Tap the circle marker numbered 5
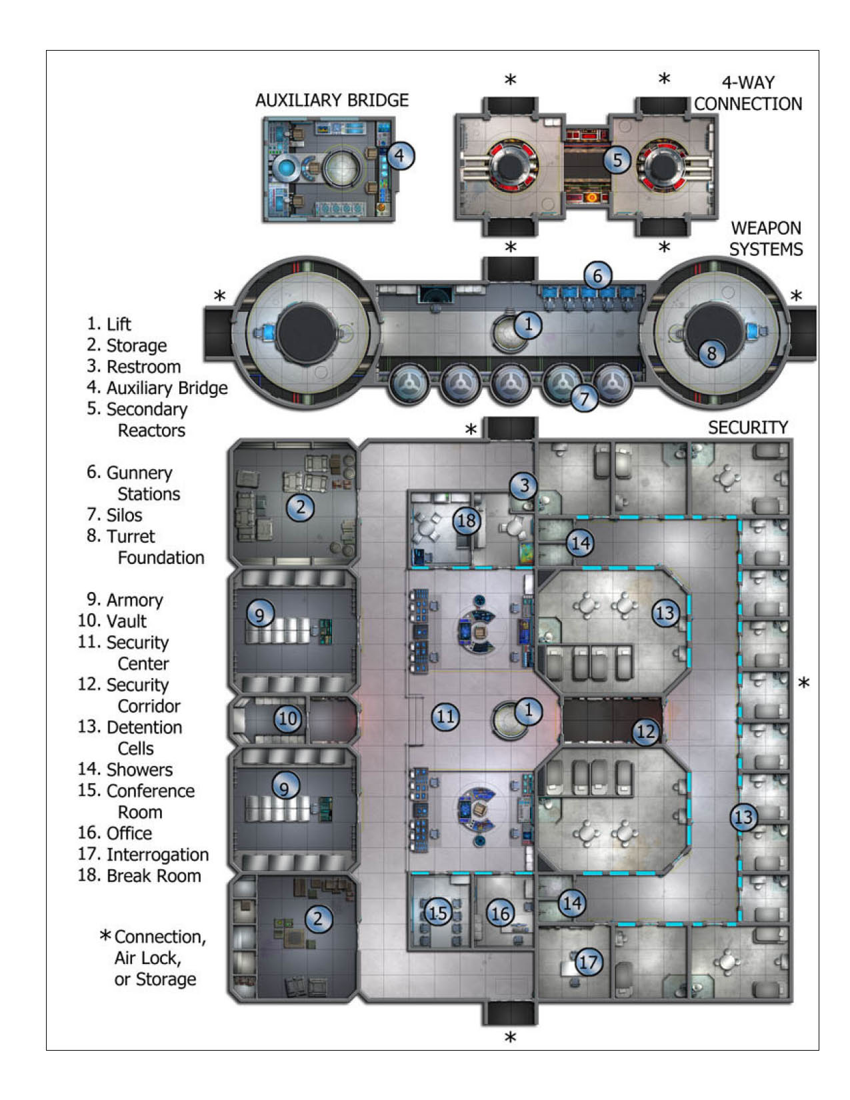pos(617,160)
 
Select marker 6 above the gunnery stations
pos(597,275)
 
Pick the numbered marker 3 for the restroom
pos(524,485)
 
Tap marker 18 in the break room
pos(467,520)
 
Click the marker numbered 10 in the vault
pos(287,719)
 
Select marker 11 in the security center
pos(445,717)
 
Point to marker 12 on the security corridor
pos(645,732)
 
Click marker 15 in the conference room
pos(437,912)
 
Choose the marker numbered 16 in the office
pos(500,913)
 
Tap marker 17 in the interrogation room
pos(587,962)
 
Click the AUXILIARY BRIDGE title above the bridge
pos(331,100)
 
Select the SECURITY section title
pos(747,427)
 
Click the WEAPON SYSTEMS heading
pos(765,238)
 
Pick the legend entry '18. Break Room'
pos(139,875)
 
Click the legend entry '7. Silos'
pos(115,515)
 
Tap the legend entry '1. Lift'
pos(109,324)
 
